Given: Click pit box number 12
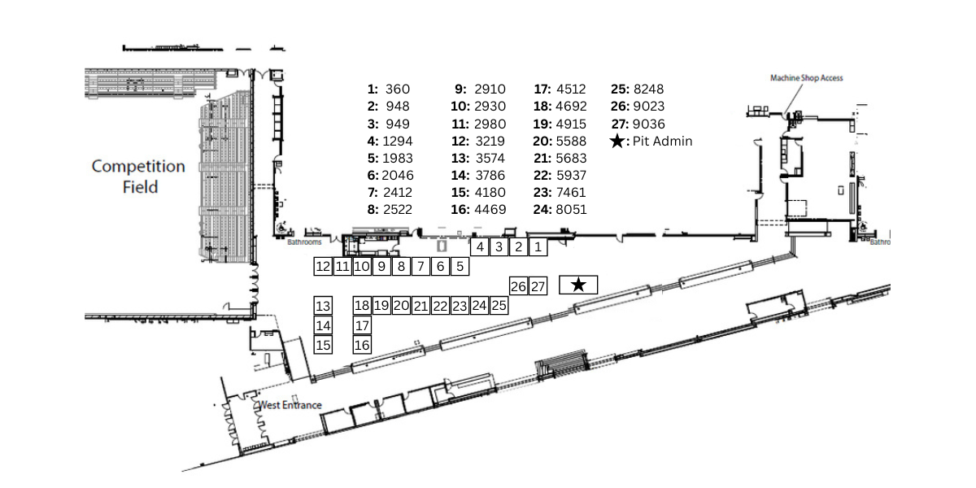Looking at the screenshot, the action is (323, 266).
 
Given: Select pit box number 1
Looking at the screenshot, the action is (538, 246).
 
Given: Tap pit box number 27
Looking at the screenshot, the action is (538, 286).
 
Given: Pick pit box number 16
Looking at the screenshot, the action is (363, 345).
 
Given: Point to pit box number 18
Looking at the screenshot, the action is (363, 306).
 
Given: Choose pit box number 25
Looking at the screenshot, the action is (499, 306).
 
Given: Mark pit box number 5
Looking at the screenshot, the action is (460, 266).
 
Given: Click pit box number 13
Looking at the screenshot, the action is (323, 306).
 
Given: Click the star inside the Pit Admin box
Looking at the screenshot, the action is (578, 285).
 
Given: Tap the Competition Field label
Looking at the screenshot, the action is (138, 176).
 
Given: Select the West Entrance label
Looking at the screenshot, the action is (290, 405).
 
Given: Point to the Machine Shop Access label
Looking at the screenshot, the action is (806, 78).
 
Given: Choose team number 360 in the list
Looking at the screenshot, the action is (399, 89).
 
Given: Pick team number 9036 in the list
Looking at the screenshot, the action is (648, 124).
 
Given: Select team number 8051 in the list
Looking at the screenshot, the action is (571, 210).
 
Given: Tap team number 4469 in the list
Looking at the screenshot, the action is (490, 210).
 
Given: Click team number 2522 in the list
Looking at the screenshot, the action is (398, 210).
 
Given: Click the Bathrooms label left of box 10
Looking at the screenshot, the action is (305, 242).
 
